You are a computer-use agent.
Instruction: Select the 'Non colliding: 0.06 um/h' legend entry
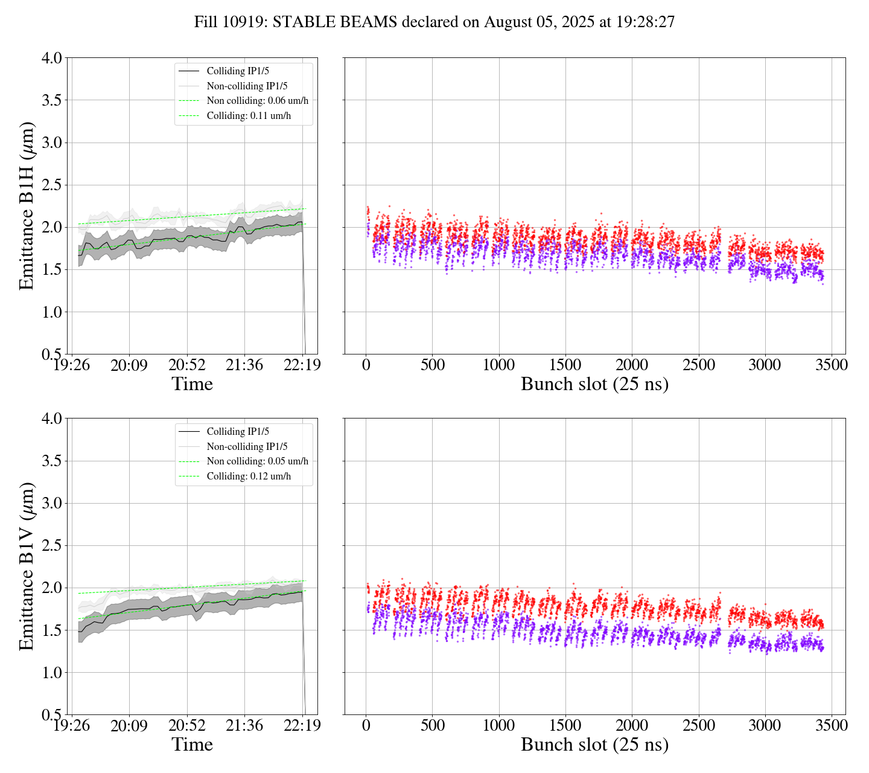pos(257,101)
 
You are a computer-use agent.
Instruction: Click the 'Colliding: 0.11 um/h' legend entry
pos(249,116)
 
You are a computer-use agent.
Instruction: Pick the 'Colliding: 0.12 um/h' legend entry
pos(249,476)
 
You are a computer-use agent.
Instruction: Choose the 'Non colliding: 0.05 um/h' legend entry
pos(257,461)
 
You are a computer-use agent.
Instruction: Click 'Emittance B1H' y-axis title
pos(27,206)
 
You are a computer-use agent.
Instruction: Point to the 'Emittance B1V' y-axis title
pos(27,566)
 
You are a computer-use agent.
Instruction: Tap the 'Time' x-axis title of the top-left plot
pos(193,384)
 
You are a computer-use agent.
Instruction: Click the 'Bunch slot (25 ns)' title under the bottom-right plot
pos(594,745)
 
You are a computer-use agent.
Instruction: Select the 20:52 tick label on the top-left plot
pos(187,365)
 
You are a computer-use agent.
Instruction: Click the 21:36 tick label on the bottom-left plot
pos(245,725)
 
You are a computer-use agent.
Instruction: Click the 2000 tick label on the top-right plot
pos(632,365)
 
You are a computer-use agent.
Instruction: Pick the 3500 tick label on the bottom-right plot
pos(832,725)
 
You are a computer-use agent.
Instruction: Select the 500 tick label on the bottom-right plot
pos(433,725)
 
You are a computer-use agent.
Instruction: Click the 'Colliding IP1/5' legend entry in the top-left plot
pos(238,71)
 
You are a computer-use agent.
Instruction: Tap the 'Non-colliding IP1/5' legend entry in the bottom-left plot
pos(247,447)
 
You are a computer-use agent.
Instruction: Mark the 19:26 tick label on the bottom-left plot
pos(72,725)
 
